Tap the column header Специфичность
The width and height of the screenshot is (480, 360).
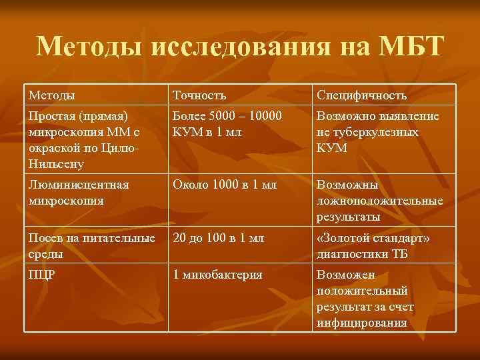361,95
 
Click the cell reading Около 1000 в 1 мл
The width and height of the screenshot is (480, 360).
225,184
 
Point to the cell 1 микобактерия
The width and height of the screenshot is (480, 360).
218,274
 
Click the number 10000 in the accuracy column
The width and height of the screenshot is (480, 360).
264,116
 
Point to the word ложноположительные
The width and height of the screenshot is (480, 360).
379,200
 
